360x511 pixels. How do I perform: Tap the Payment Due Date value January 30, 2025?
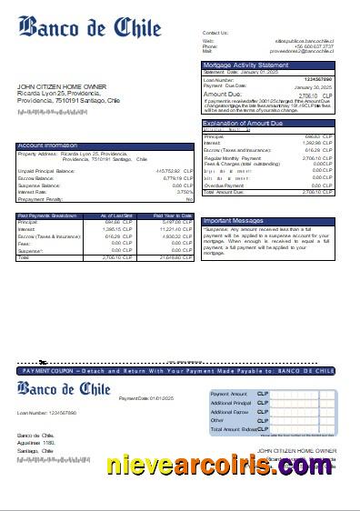point(319,85)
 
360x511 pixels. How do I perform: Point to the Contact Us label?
point(215,32)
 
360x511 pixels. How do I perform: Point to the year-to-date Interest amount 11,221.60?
point(175,230)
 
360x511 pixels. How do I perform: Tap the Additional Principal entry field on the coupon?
point(301,402)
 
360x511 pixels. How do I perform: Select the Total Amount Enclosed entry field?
point(301,428)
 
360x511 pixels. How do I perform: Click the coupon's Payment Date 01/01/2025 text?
point(140,398)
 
